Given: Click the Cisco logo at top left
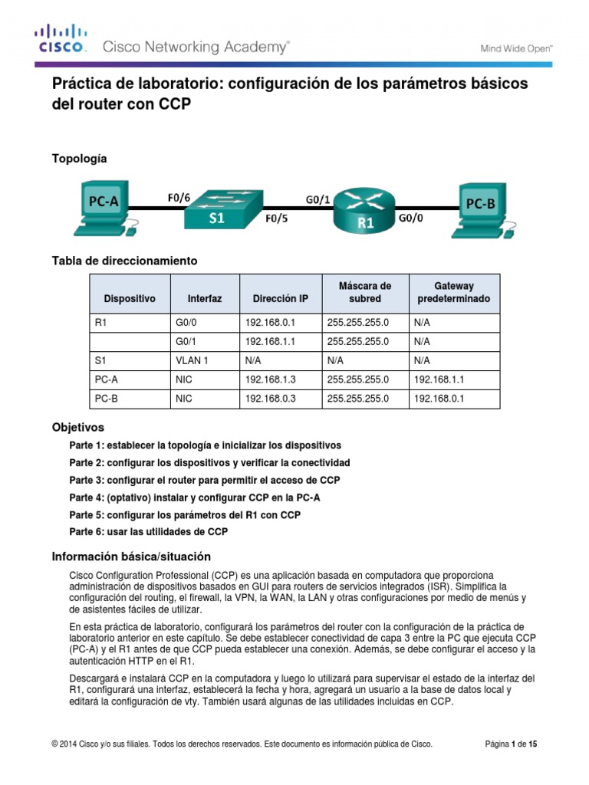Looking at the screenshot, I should pyautogui.click(x=61, y=39).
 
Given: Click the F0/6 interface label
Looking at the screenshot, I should pyautogui.click(x=179, y=197).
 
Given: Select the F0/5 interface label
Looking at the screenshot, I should pyautogui.click(x=277, y=218).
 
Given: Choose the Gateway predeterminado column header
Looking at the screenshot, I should pyautogui.click(x=454, y=292).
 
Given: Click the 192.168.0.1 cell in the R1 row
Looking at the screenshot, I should pyautogui.click(x=270, y=324).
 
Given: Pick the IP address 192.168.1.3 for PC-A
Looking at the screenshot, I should pyautogui.click(x=270, y=379).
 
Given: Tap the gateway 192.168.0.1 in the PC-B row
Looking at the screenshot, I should pyautogui.click(x=439, y=399).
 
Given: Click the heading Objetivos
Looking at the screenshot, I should pyautogui.click(x=77, y=426).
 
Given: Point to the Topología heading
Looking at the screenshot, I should pyautogui.click(x=79, y=159).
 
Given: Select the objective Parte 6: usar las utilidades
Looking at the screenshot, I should pyautogui.click(x=148, y=531).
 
